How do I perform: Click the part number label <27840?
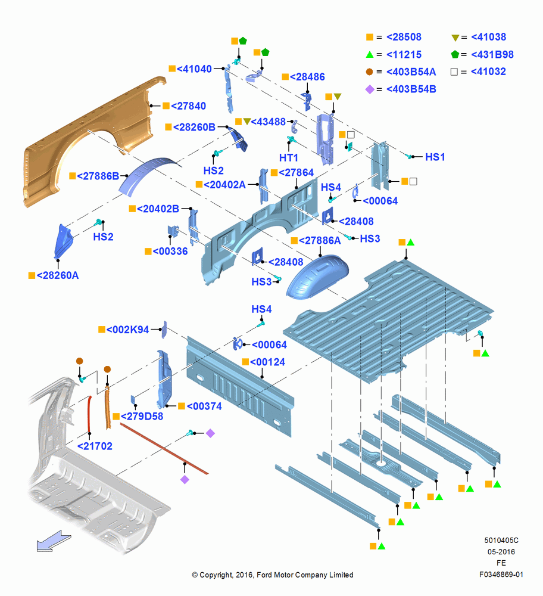coord(188,106)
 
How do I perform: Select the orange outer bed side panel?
coord(91,133)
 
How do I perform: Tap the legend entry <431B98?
coord(492,55)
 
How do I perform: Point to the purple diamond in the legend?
coord(370,90)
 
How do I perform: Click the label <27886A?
coord(320,241)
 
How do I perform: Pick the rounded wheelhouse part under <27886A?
coord(317,278)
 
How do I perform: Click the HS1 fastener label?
coord(435,157)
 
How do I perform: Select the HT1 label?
coord(289,158)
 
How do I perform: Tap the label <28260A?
coord(58,275)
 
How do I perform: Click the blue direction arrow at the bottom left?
coord(54,541)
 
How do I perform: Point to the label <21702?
coord(95,446)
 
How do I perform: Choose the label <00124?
coord(267,362)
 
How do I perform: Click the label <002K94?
coord(127,330)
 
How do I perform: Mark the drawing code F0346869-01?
coord(501,575)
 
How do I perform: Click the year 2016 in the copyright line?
coord(244,575)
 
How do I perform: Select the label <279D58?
coord(142,417)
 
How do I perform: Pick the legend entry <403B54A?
coord(411,72)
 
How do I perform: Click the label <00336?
coord(170,252)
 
